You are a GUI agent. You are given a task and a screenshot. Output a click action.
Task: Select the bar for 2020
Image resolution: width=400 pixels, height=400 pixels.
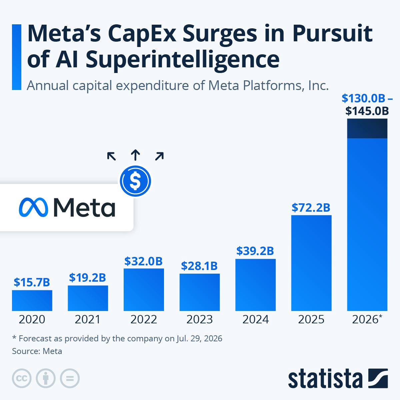tap(32, 300)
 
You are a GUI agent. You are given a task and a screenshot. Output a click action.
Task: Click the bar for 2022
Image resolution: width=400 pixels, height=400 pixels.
tap(144, 290)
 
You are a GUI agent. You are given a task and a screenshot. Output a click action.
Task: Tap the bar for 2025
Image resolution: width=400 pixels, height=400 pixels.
tap(311, 263)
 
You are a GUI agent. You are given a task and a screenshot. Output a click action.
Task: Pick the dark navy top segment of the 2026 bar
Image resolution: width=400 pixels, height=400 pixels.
tap(367, 128)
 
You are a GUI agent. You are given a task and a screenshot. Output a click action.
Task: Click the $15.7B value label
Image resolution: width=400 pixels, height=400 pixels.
tap(32, 282)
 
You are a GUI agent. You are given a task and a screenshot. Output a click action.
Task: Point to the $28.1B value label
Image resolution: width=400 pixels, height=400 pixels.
tap(199, 266)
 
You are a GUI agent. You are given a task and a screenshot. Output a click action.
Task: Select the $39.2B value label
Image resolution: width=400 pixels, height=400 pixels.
tap(255, 251)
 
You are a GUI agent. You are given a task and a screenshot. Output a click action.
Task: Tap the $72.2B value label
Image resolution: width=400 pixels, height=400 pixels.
tap(311, 208)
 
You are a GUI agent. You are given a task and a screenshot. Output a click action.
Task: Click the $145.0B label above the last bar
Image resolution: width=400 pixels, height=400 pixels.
tap(367, 111)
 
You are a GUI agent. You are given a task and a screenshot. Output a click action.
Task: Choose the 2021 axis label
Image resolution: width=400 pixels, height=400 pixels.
tap(88, 319)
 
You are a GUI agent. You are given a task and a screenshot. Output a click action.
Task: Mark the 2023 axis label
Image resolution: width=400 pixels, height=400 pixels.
tap(199, 319)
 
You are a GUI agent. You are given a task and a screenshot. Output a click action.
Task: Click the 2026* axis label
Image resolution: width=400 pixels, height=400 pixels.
tap(367, 319)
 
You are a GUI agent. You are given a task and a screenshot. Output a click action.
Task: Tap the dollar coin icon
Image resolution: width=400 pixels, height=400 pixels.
tap(135, 181)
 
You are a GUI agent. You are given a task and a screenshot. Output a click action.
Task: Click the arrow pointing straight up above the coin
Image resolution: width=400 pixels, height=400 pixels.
tap(135, 155)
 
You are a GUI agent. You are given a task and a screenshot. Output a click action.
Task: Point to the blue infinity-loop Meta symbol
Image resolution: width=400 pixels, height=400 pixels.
tap(33, 207)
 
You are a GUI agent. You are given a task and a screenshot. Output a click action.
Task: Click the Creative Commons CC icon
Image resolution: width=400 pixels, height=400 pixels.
tap(22, 378)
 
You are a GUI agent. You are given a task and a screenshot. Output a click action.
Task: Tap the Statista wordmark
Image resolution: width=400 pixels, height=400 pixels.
tap(325, 379)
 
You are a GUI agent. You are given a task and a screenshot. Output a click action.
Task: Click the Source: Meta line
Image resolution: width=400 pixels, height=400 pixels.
tap(37, 351)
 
